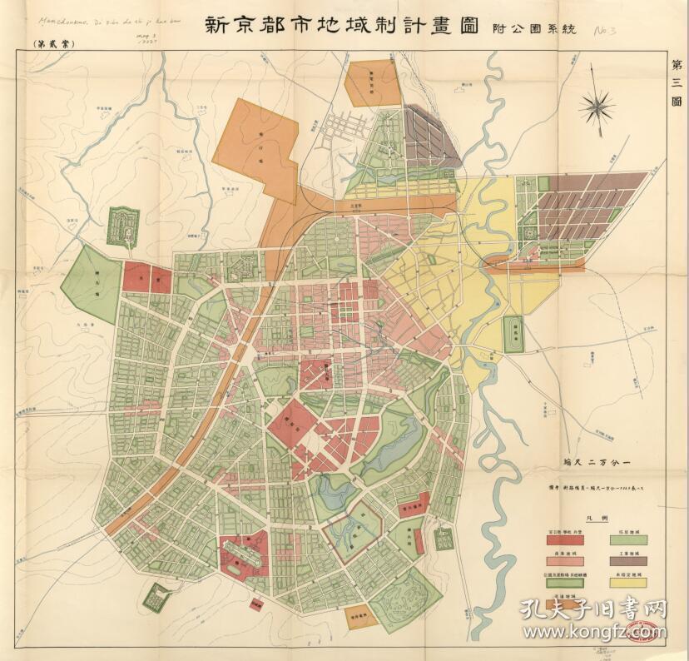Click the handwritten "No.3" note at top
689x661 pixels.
(610, 33)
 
